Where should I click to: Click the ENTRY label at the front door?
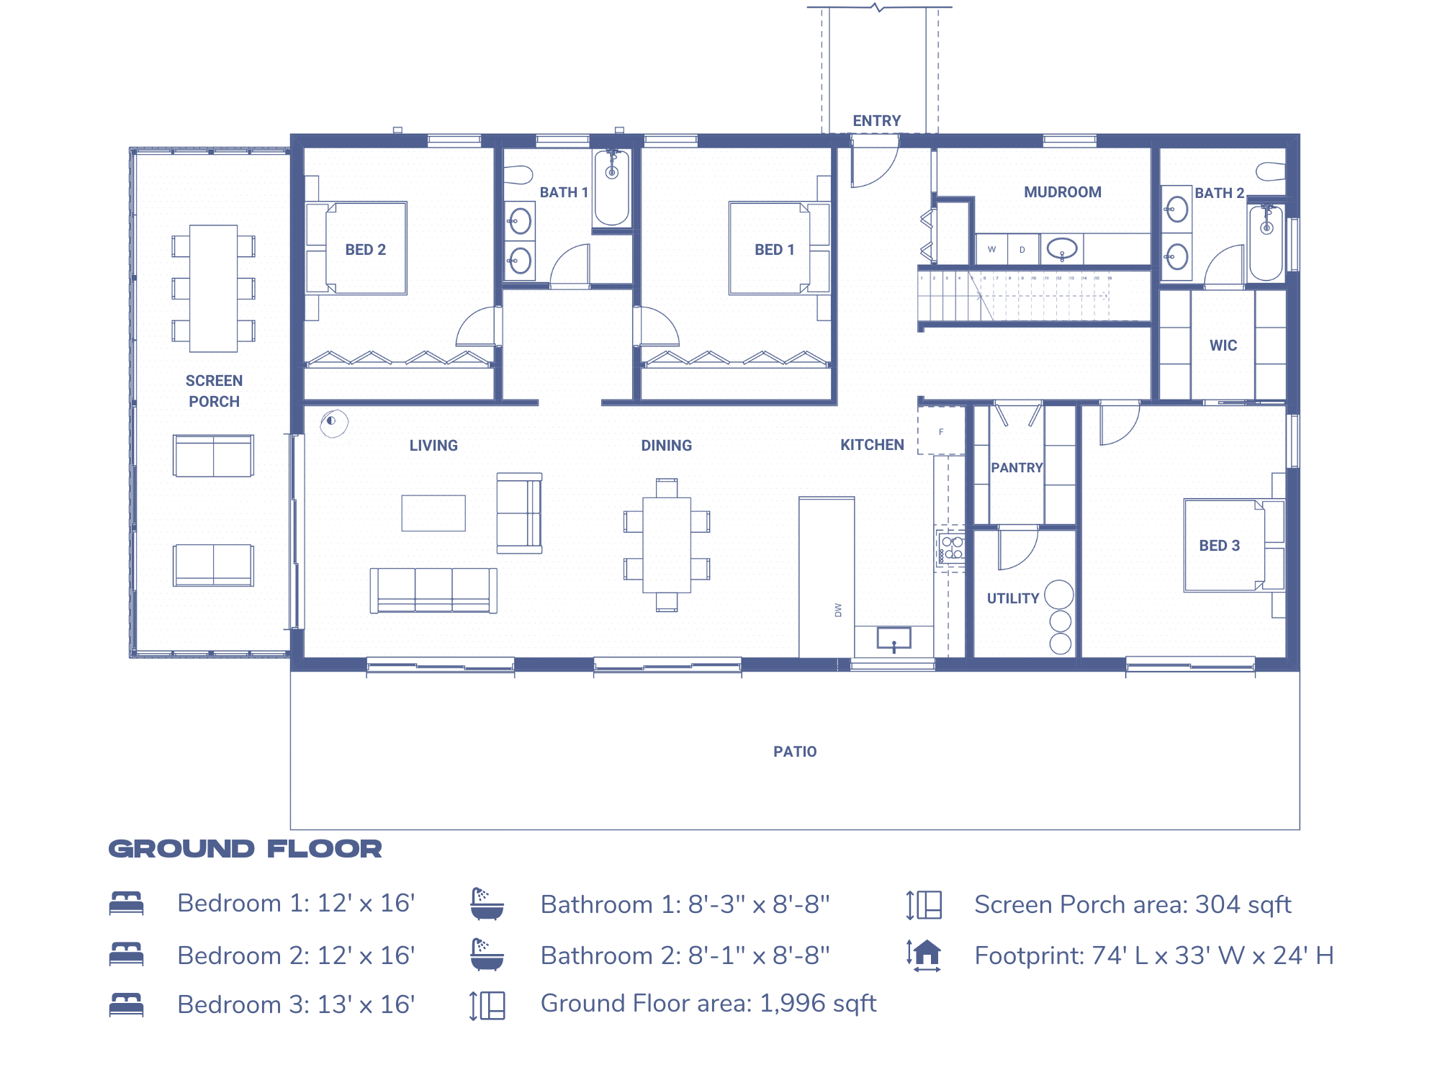[x=876, y=121]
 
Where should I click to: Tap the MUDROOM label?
[x=1062, y=192]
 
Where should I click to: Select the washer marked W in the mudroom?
[x=991, y=250]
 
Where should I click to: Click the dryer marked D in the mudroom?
[x=1022, y=250]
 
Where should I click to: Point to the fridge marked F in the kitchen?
[x=941, y=432]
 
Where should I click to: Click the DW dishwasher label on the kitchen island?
[x=838, y=610]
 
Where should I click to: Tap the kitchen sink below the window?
[x=894, y=638]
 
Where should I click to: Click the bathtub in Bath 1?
[x=612, y=187]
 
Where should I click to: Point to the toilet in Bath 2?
[x=1271, y=171]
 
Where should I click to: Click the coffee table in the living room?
[x=433, y=513]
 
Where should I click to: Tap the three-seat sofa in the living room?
[x=433, y=590]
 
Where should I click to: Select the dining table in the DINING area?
[x=667, y=544]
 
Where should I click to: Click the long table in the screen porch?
[x=213, y=288]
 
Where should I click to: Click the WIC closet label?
[x=1223, y=346]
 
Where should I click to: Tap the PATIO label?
[x=795, y=752]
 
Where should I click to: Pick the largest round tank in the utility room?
[x=1058, y=595]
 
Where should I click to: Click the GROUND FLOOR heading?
[x=245, y=849]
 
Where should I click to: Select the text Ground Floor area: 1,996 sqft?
[x=708, y=1003]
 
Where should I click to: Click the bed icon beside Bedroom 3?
[x=127, y=1004]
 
